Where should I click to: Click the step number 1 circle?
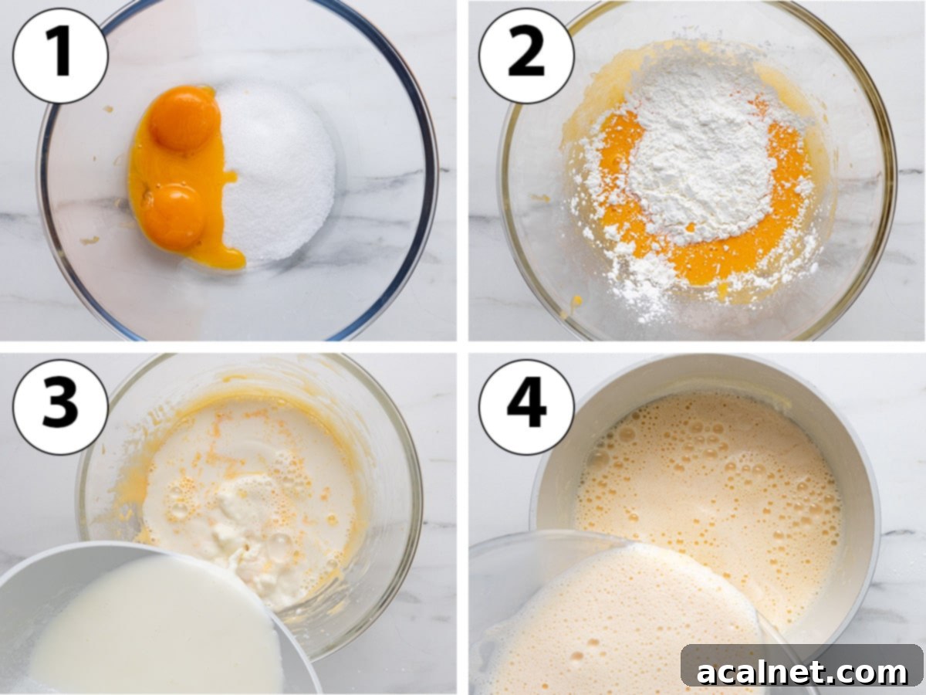point(60,55)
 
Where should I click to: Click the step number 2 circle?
point(526,55)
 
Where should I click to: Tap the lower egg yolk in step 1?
point(172,215)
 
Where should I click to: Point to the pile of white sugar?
point(278,174)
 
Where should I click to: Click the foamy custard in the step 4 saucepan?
point(710,479)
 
